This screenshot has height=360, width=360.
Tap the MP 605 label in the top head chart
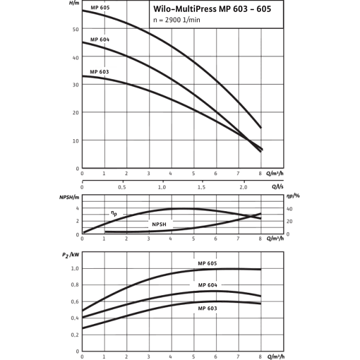(100, 8)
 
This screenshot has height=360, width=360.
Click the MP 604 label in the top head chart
(100, 39)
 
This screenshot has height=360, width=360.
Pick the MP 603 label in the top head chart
(100, 71)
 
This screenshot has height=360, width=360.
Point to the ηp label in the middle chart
(112, 212)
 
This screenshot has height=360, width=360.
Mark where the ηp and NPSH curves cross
(252, 215)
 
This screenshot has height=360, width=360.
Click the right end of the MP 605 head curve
(261, 128)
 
